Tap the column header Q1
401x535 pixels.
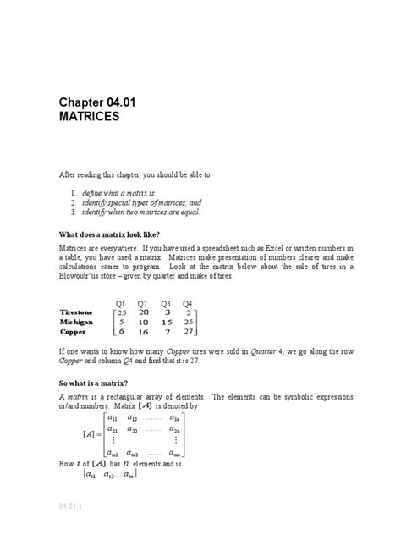click(120, 303)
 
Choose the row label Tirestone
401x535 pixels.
click(80, 312)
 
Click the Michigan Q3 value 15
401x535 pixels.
click(166, 323)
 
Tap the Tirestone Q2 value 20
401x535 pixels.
click(142, 312)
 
